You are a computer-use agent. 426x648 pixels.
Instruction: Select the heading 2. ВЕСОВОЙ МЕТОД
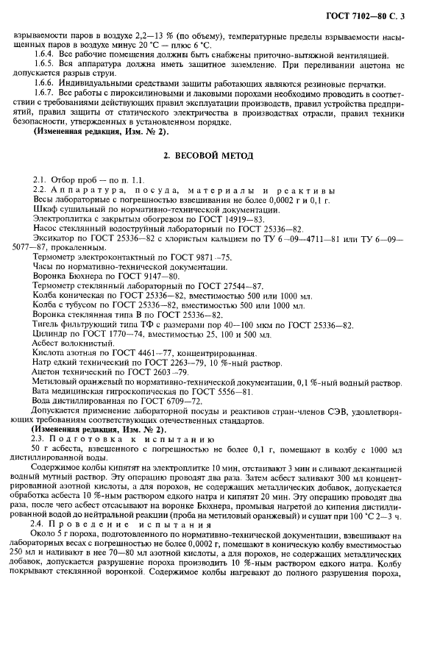click(x=213, y=156)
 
